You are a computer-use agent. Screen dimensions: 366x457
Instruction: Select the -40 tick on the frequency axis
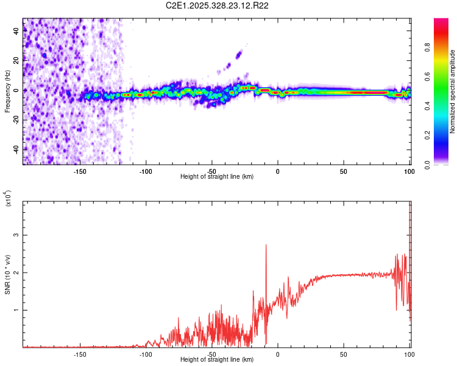click(x=16, y=149)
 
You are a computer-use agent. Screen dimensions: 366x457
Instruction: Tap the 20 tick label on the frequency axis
click(x=16, y=60)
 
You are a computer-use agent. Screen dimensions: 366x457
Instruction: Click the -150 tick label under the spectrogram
click(x=80, y=171)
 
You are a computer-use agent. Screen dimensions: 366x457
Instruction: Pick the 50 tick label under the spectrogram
click(x=344, y=171)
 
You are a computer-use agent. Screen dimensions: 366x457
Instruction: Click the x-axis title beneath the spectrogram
click(x=217, y=177)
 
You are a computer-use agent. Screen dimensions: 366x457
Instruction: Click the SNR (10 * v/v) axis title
click(x=8, y=274)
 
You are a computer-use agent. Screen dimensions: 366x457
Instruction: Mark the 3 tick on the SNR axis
click(x=16, y=235)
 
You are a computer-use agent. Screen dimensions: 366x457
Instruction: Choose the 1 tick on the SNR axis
click(x=16, y=310)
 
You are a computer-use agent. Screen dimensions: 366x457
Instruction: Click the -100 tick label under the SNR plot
click(x=146, y=354)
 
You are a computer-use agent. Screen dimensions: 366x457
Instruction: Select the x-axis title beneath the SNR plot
click(x=217, y=360)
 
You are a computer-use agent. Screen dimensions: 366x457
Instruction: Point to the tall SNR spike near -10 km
click(x=266, y=245)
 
